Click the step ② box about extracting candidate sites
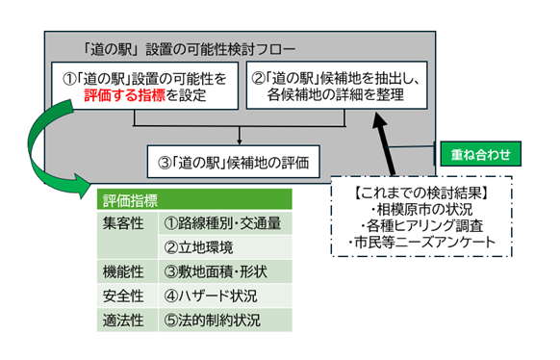(x=337, y=87)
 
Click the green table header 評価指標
(x=131, y=202)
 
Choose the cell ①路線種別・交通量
(x=221, y=223)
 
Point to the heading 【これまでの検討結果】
(x=418, y=190)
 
